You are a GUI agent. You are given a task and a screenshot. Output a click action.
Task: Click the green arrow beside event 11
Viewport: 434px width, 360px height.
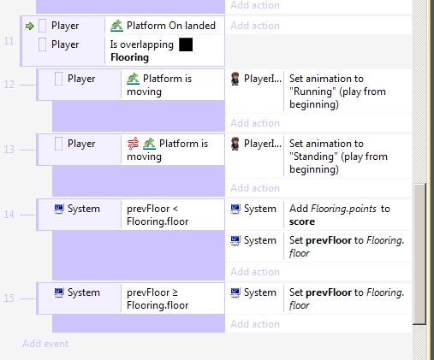[x=30, y=27]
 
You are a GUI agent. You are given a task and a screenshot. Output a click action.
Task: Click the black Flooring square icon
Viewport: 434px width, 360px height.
[x=186, y=44]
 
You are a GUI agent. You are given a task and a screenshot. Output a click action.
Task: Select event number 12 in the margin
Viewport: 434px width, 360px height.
[x=9, y=85]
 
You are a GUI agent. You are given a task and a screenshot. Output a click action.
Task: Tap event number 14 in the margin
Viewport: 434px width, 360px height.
[x=9, y=215]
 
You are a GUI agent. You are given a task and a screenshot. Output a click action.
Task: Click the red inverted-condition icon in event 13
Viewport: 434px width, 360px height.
[x=133, y=144]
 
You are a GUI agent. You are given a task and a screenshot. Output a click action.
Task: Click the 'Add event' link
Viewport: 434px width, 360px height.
[x=45, y=344]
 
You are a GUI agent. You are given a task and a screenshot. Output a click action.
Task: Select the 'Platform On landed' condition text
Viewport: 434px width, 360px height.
[x=171, y=26]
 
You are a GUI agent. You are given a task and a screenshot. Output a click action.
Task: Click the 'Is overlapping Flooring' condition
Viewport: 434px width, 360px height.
[x=142, y=50]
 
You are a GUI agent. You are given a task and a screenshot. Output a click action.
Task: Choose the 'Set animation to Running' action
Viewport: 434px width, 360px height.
[x=337, y=91]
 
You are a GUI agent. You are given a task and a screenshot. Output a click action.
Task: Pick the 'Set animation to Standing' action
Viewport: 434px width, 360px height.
[x=338, y=156]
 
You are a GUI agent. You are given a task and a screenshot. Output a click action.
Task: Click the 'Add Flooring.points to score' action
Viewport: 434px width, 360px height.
[x=340, y=215]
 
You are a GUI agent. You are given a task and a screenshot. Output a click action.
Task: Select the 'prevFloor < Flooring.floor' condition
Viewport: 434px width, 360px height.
[x=158, y=215]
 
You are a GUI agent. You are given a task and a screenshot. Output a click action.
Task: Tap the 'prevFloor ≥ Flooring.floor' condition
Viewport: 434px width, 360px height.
[x=158, y=298]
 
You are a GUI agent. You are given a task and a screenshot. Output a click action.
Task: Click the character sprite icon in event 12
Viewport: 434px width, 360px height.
[x=235, y=79]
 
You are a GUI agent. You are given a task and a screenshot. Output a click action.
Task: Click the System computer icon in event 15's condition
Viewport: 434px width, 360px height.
[x=59, y=292]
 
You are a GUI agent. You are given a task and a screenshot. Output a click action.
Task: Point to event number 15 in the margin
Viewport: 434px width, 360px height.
[x=9, y=298]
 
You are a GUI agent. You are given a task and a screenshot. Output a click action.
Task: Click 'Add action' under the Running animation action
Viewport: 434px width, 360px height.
[x=255, y=123]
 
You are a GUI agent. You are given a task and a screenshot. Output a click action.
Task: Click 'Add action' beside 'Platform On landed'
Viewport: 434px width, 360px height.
[x=255, y=26]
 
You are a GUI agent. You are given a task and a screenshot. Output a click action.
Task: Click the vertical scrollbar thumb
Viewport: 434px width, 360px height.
[x=419, y=254]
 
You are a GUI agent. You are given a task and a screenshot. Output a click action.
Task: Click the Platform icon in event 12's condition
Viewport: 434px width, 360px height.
[x=133, y=79]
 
